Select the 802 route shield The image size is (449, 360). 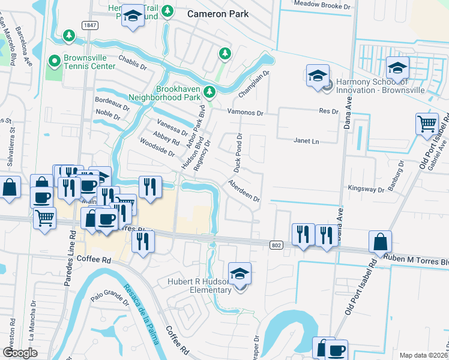(276, 244)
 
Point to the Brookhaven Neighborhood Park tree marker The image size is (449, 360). (209, 92)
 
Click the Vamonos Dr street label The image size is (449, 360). (245, 113)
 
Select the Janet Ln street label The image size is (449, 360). (306, 141)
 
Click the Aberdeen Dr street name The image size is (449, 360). (244, 190)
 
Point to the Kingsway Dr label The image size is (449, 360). (367, 189)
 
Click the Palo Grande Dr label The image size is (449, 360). (110, 298)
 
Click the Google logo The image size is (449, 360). (20, 353)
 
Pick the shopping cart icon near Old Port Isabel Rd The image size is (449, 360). (427, 124)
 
